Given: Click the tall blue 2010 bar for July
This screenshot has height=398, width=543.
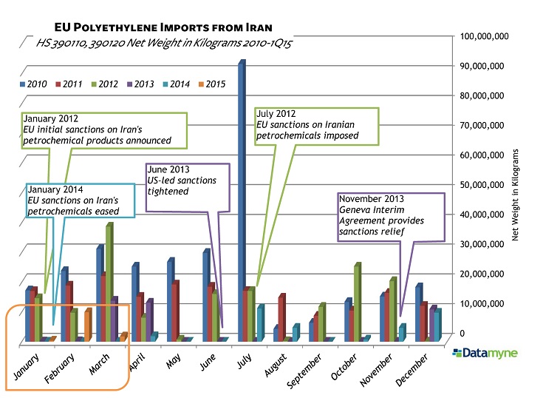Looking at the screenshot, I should (241, 200).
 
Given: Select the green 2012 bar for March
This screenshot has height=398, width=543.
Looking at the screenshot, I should (109, 281).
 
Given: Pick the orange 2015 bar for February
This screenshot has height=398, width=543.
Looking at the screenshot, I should (87, 324).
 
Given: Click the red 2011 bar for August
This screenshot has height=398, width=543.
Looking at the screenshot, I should (281, 318).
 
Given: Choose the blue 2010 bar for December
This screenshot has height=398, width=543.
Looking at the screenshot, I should (418, 311).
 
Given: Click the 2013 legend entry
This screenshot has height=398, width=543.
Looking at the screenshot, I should (145, 84).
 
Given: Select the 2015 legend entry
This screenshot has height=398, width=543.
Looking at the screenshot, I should (216, 84).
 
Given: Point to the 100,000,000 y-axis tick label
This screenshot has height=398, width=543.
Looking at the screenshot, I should (485, 36).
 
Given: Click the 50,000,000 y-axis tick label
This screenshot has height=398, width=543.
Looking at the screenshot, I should (485, 185).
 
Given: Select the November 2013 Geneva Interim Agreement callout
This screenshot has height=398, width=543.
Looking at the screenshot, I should (390, 216).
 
